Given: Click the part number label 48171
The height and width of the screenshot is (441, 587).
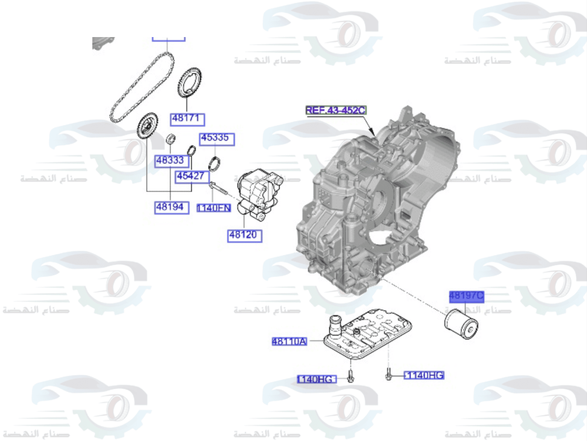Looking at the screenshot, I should tap(187, 119).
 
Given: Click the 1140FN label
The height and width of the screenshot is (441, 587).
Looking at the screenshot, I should tap(214, 208).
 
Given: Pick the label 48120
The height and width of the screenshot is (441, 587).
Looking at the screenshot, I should tap(245, 235).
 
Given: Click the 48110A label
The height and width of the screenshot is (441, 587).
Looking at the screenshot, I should tap(289, 341).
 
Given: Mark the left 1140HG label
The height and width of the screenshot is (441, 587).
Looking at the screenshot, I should tap(316, 379).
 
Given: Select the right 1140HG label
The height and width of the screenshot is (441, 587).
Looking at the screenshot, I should tap(424, 375).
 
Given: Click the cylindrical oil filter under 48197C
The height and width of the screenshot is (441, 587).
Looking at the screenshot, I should tap(461, 324).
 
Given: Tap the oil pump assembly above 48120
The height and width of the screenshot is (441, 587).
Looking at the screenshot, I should tap(259, 191).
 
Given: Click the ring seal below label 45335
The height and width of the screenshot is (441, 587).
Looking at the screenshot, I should tap(215, 163).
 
